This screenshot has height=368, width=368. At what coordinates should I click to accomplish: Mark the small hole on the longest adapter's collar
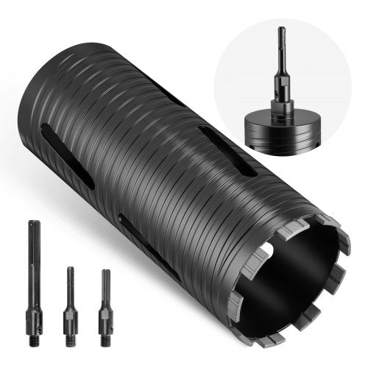point(34,308)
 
